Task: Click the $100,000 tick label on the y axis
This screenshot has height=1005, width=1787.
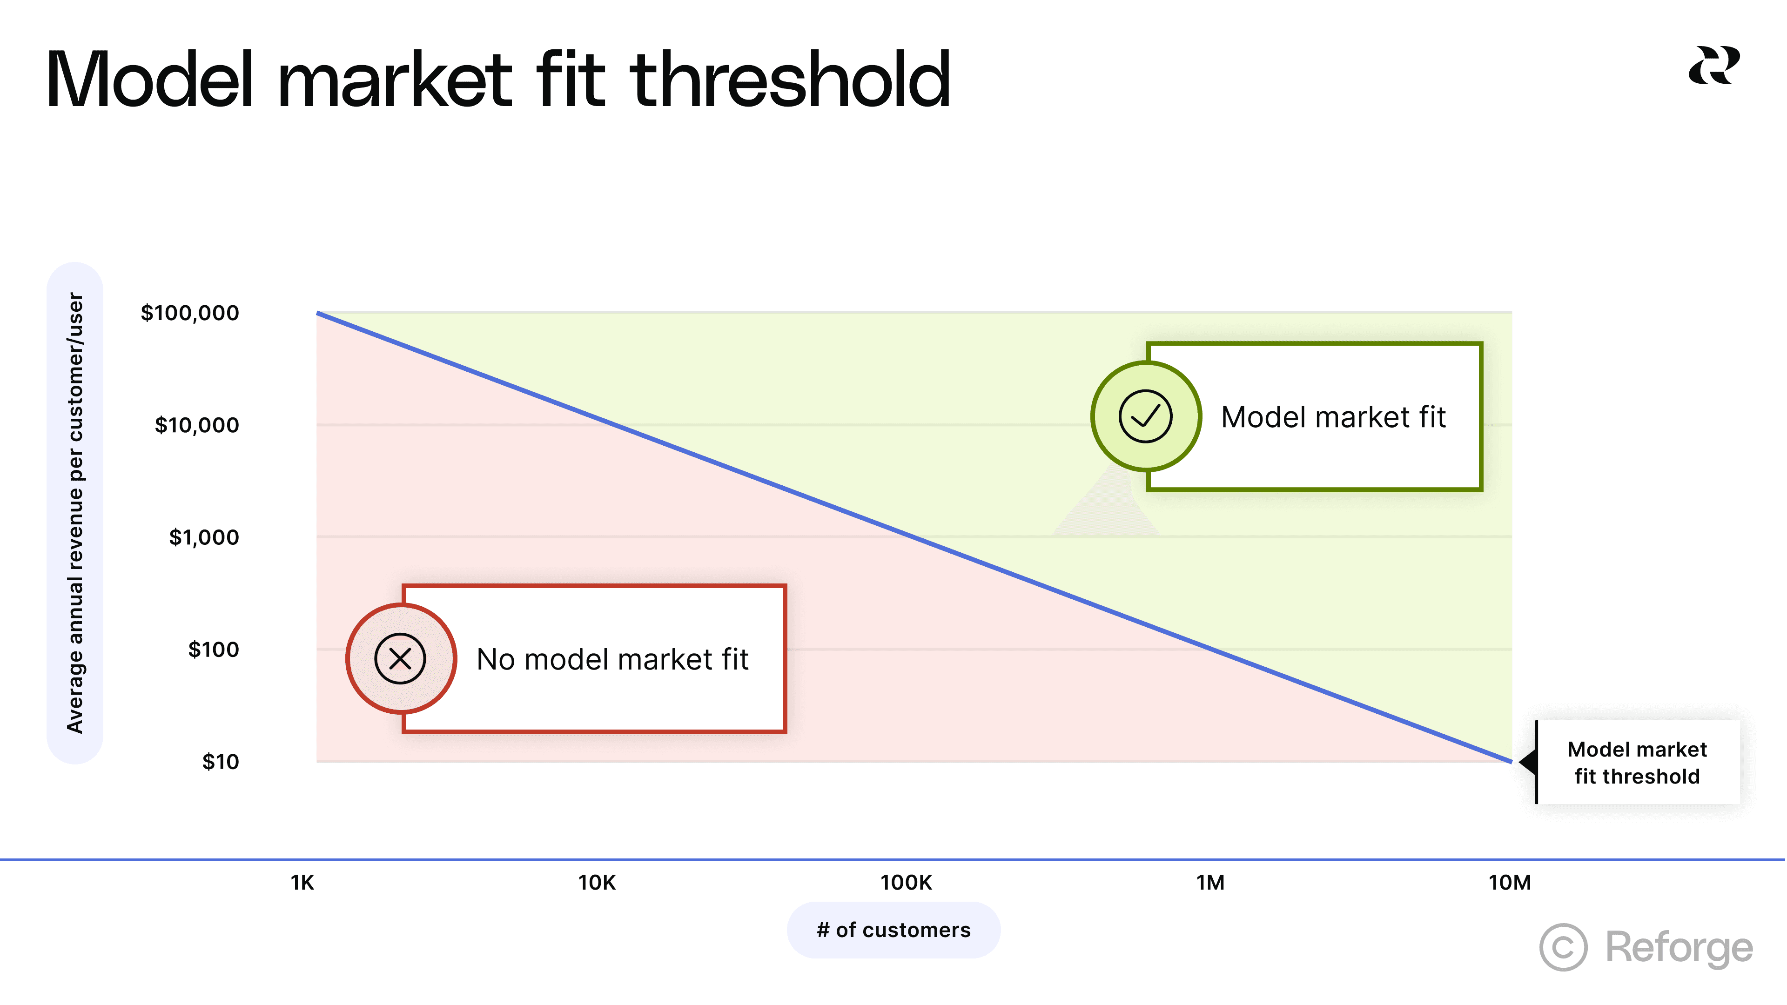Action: (x=189, y=313)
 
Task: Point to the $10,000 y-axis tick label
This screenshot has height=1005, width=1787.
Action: (x=196, y=425)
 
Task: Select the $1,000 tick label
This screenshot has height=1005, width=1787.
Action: (x=204, y=537)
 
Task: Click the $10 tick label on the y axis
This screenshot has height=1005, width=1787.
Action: (x=221, y=762)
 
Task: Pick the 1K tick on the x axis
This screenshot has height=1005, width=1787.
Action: (x=302, y=883)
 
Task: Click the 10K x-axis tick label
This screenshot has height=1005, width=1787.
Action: (x=597, y=883)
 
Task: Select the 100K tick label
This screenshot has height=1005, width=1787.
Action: (x=906, y=883)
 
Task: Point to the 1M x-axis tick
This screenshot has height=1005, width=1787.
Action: (x=1210, y=883)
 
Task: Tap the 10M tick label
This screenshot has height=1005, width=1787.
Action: (x=1510, y=883)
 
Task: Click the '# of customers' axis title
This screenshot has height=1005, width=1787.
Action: (x=893, y=930)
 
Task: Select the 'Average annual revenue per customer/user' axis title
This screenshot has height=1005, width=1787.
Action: (x=75, y=513)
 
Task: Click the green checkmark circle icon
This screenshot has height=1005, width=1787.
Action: (x=1145, y=416)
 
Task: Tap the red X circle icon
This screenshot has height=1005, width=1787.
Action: (x=400, y=659)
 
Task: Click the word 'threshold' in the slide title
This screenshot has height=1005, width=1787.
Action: (x=791, y=81)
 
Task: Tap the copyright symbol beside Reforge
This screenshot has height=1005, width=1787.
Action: (x=1563, y=947)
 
